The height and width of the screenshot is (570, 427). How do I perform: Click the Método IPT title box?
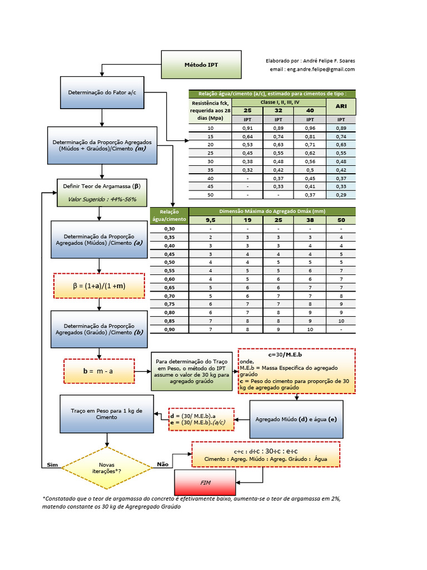pyautogui.click(x=201, y=65)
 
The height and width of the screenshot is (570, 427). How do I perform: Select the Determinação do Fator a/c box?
pyautogui.click(x=101, y=92)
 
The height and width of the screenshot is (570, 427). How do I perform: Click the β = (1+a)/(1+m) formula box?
pyautogui.click(x=99, y=286)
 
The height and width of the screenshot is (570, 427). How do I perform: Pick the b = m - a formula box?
pyautogui.click(x=99, y=371)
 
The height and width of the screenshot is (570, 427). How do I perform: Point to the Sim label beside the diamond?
pyautogui.click(x=52, y=464)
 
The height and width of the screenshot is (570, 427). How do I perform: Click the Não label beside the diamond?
pyautogui.click(x=162, y=464)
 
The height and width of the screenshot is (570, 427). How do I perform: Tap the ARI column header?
pyautogui.click(x=341, y=106)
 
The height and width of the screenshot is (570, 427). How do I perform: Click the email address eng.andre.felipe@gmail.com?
pyautogui.click(x=312, y=70)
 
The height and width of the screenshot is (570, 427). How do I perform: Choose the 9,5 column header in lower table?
pyautogui.click(x=211, y=220)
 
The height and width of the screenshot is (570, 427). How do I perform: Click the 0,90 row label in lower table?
pyautogui.click(x=169, y=329)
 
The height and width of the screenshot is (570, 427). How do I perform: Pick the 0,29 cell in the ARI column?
pyautogui.click(x=341, y=195)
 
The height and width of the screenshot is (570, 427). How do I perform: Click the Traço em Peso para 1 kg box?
pyautogui.click(x=107, y=414)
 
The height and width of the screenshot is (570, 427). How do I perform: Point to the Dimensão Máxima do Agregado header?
pyautogui.click(x=272, y=212)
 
